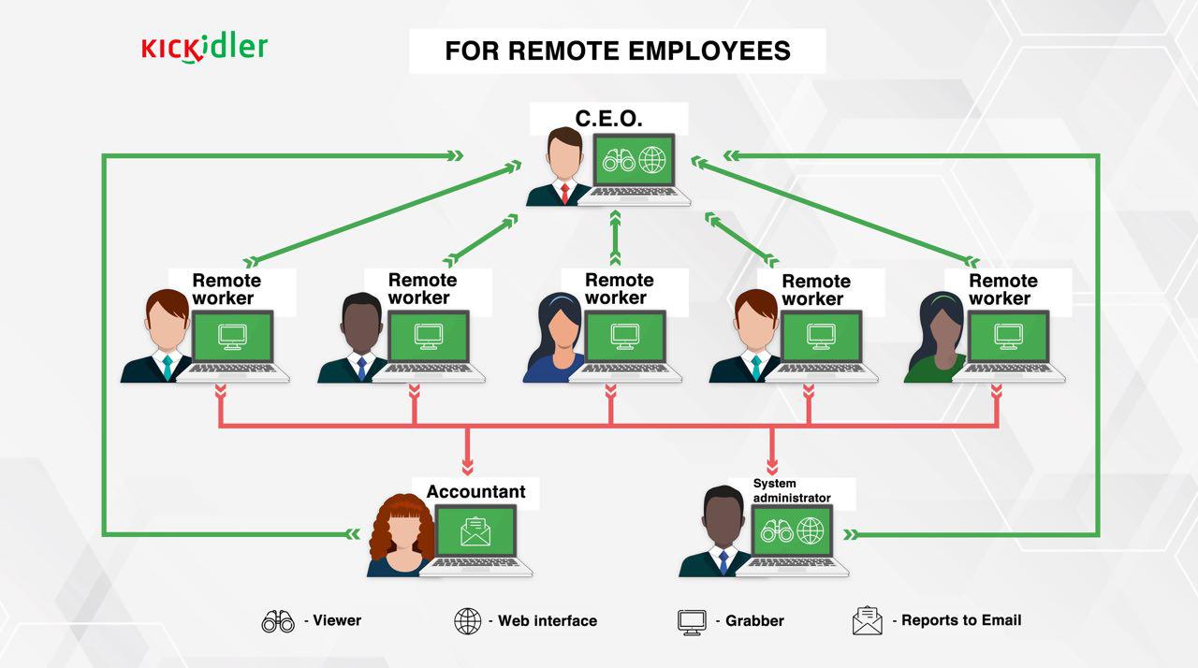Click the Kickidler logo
[x=204, y=48]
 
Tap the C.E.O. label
[x=608, y=119]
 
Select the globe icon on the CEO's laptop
[x=652, y=160]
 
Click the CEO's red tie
[x=564, y=194]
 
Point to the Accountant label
[x=476, y=491]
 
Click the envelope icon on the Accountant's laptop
[x=475, y=531]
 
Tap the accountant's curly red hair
[x=402, y=524]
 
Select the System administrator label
[x=792, y=490]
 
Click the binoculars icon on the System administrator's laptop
[x=777, y=531]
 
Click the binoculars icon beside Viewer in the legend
[x=278, y=621]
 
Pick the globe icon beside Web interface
[x=467, y=621]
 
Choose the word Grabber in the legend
[x=754, y=621]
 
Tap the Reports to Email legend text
[x=961, y=620]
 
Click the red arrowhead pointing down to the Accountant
[x=467, y=467]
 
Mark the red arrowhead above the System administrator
[x=772, y=467]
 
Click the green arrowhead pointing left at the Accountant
[x=353, y=534]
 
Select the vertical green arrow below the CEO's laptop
[x=615, y=238]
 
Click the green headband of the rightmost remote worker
[x=942, y=298]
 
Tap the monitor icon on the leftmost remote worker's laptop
[x=232, y=337]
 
